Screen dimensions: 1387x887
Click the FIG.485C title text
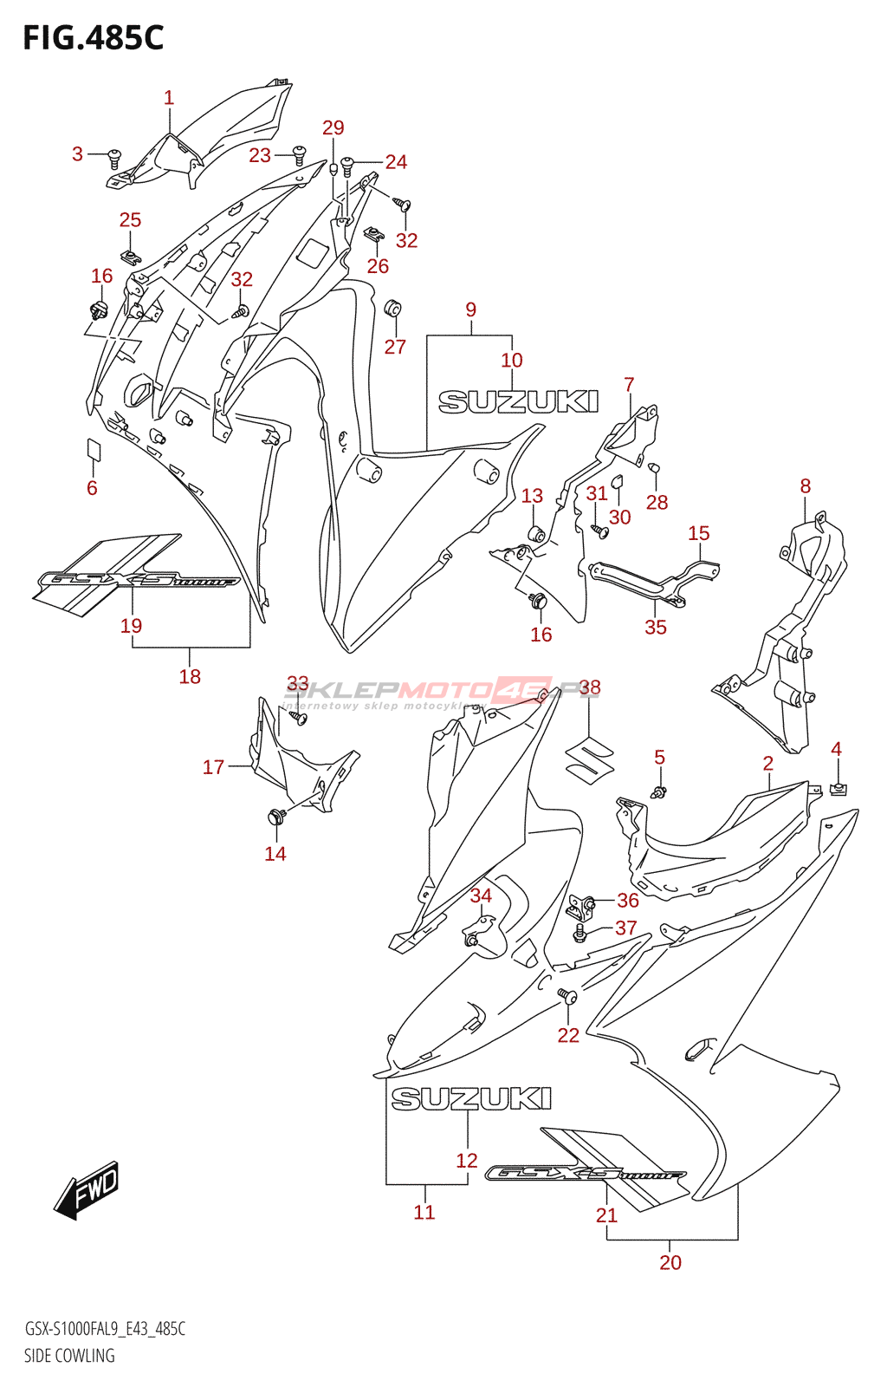tap(94, 38)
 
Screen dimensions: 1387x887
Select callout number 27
tap(395, 347)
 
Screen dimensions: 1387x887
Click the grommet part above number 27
tap(393, 309)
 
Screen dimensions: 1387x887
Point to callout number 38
tap(590, 688)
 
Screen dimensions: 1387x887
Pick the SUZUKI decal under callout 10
tap(518, 401)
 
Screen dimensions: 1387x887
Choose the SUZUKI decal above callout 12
tap(471, 1099)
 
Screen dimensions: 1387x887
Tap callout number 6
tap(92, 488)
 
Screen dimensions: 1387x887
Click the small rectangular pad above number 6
tap(94, 449)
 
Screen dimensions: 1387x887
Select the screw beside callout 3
tap(114, 158)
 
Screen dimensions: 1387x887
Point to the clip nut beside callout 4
tap(838, 788)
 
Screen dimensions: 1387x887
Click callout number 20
tap(670, 1262)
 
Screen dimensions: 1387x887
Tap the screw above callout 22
tap(567, 996)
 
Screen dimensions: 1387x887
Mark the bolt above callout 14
tap(276, 815)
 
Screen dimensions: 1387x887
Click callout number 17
tap(213, 767)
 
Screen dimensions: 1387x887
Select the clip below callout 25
tap(132, 257)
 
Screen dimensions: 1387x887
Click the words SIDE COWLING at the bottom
tap(69, 1356)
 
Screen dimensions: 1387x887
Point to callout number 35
tap(656, 627)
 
